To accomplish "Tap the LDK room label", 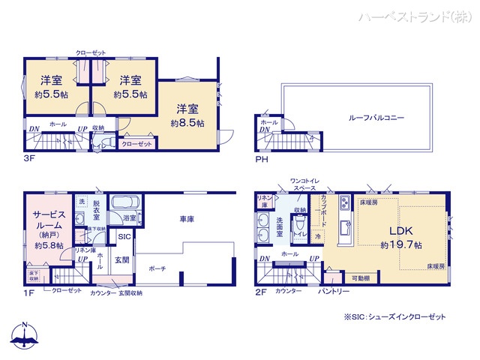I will point(400,229).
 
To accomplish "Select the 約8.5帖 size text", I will point(187,123).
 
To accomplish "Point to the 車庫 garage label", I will point(187,220).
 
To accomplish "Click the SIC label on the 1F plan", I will point(124,236).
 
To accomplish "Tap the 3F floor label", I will point(29,159).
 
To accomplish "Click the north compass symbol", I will point(25,337).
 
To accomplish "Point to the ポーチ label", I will point(157,268).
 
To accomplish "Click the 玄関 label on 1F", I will point(121,260).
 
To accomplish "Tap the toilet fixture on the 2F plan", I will point(300,223).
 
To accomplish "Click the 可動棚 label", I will point(361,277).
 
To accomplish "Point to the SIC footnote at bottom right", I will point(394,317).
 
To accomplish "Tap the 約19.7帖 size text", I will point(400,245).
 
